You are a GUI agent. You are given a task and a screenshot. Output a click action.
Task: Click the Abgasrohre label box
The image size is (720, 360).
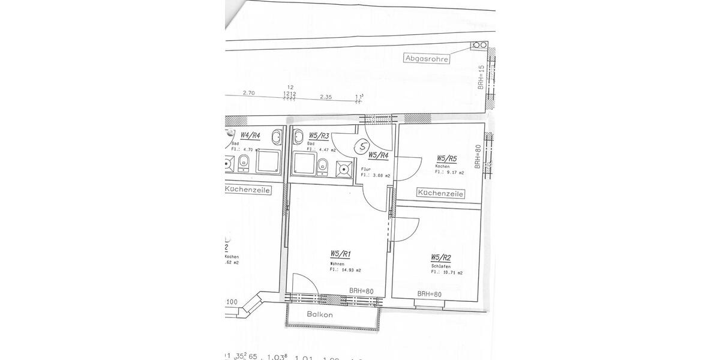tap(427, 59)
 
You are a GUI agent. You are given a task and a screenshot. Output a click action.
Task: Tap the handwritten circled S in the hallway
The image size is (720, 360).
tap(362, 146)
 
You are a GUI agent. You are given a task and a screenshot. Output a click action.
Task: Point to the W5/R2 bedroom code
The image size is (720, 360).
tap(441, 258)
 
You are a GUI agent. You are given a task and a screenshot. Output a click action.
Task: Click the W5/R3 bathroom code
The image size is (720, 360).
tap(319, 136)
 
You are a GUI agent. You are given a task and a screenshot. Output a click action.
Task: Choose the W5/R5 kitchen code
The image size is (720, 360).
tap(447, 159)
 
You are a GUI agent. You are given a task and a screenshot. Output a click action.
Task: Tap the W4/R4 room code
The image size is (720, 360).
tap(250, 136)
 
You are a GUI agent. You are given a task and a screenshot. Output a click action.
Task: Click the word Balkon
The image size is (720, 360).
tap(320, 314)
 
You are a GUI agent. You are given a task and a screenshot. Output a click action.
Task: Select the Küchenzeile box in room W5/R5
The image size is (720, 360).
tap(441, 194)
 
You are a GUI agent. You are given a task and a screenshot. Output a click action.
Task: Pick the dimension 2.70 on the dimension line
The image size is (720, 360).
tap(248, 93)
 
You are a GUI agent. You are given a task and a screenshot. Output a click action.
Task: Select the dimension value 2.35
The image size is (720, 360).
tap(326, 96)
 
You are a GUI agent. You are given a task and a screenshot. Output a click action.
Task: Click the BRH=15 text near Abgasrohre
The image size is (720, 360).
tap(481, 78)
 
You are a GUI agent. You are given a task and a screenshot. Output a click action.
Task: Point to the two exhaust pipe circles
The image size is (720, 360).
tap(479, 45)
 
